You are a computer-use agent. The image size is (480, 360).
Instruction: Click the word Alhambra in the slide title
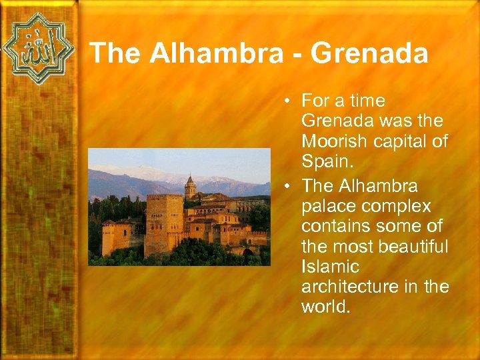216,53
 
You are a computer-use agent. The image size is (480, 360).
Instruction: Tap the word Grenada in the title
369,53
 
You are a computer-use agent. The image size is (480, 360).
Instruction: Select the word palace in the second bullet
326,205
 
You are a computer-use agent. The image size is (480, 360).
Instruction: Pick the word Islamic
330,267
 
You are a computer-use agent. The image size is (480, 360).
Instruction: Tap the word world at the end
325,308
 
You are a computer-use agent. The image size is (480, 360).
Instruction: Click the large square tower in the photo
164,223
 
